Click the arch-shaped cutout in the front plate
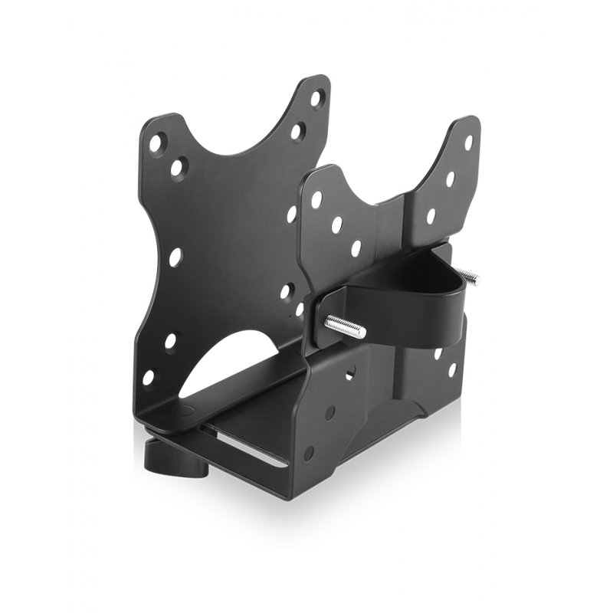[230, 360]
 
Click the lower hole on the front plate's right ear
[297, 131]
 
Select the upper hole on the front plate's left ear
[158, 143]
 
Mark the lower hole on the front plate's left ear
[179, 167]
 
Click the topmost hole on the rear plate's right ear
[468, 143]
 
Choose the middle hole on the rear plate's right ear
[450, 179]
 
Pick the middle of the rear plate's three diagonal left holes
[336, 225]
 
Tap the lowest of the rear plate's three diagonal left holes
[356, 248]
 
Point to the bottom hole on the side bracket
[309, 453]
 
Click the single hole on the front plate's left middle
[175, 257]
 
